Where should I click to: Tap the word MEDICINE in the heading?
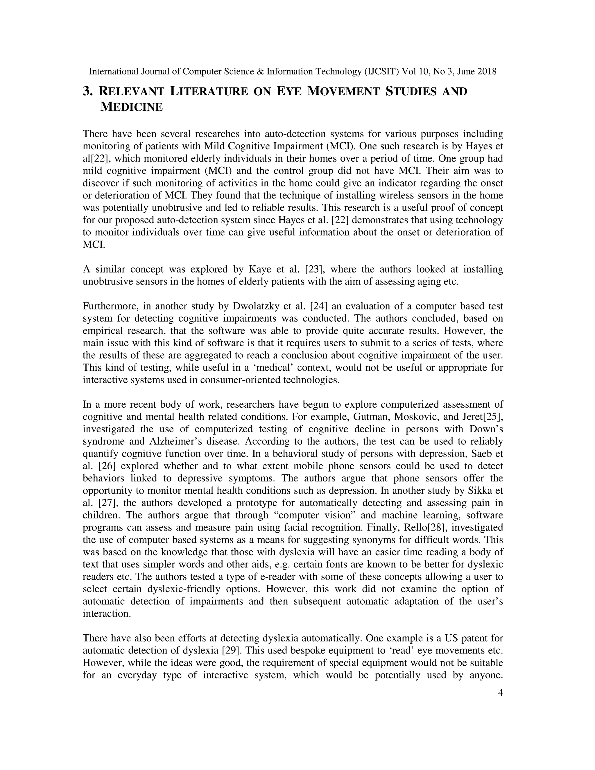(x=132, y=107)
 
